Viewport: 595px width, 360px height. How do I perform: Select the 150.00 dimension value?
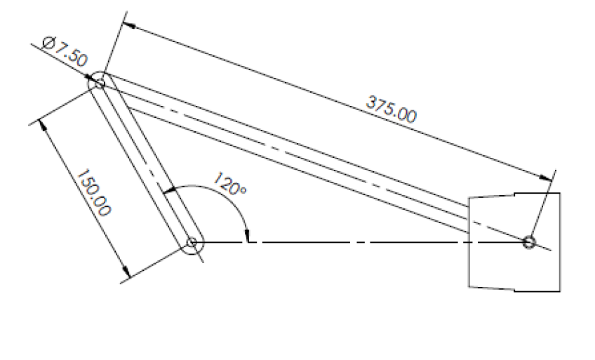(94, 193)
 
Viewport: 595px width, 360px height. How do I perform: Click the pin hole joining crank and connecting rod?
(99, 83)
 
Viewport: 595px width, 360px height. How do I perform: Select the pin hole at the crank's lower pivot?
(192, 244)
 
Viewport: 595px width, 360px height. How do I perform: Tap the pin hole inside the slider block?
(529, 242)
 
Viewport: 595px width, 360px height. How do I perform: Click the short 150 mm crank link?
(145, 163)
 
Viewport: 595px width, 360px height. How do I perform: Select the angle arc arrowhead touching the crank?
(167, 190)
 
